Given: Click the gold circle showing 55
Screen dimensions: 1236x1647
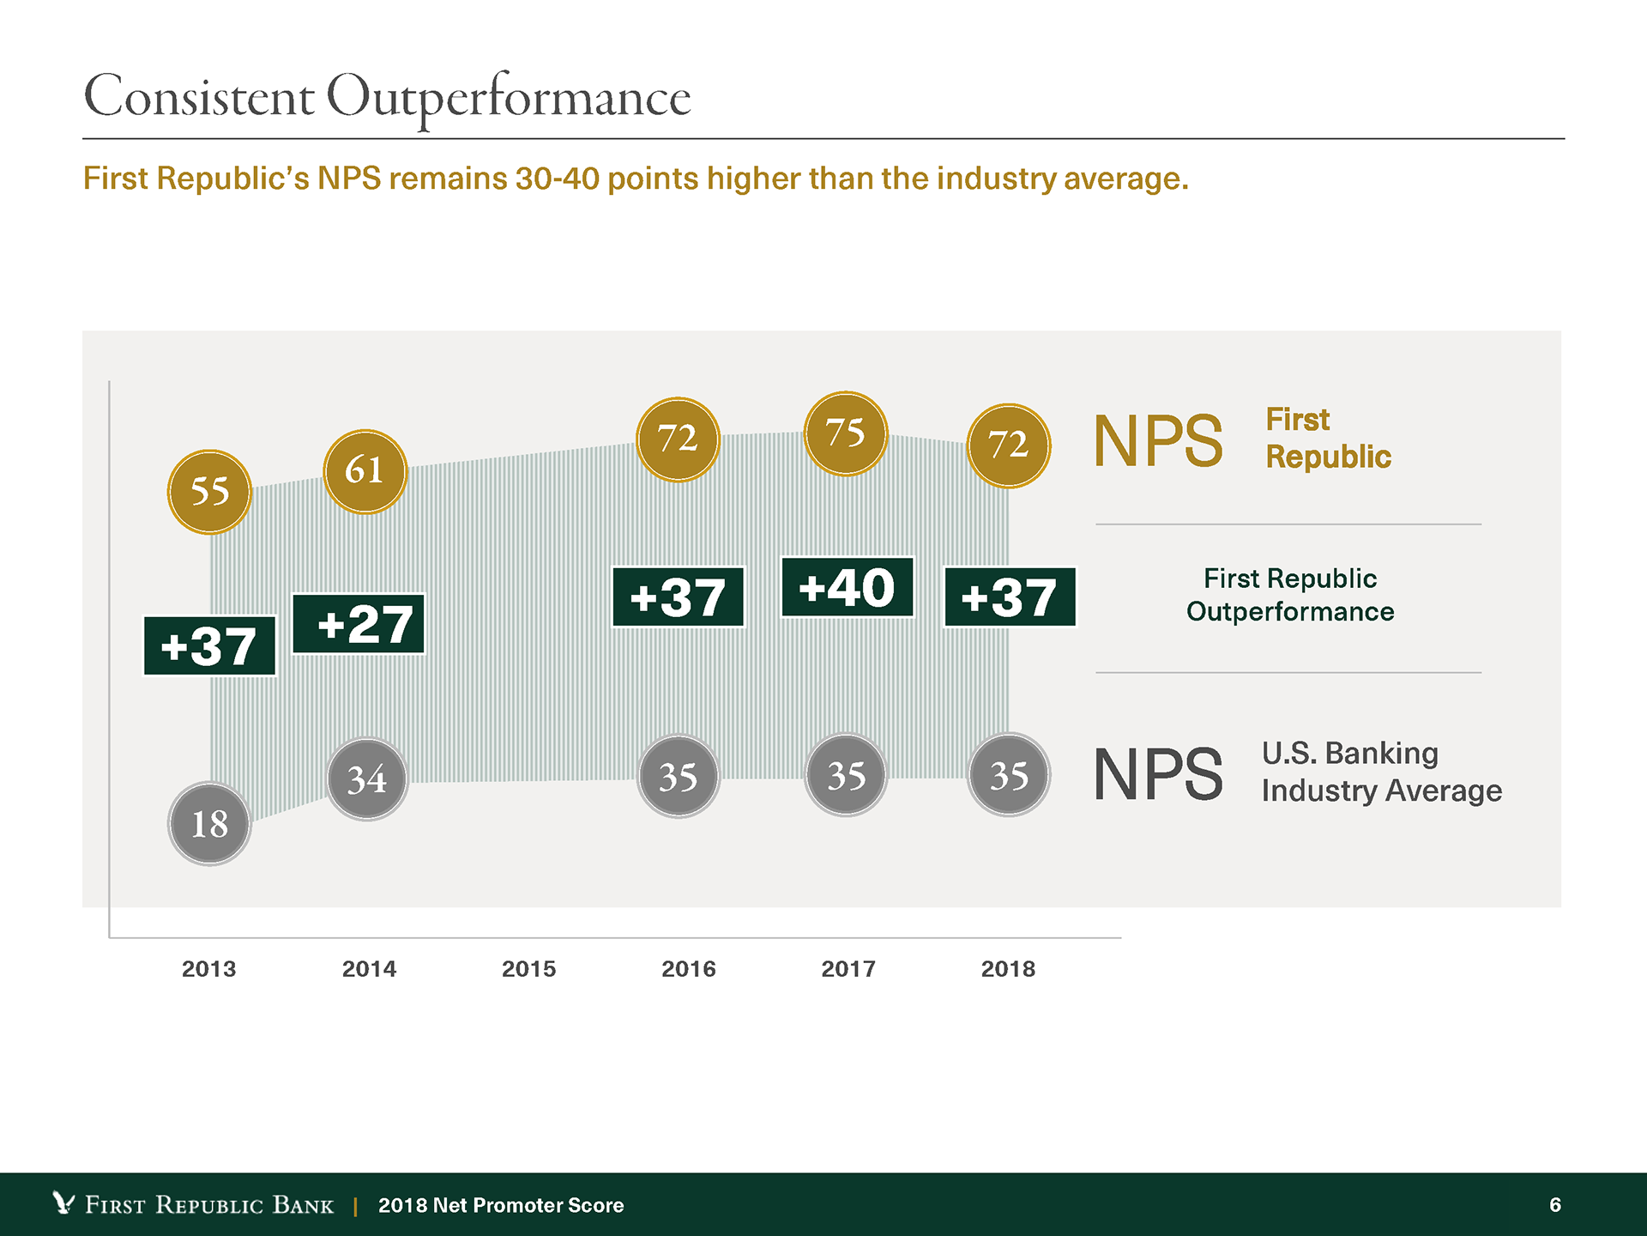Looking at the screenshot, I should (209, 492).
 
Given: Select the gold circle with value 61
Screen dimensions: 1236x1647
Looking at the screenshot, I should (365, 471).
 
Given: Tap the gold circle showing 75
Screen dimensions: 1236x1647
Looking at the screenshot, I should (846, 433).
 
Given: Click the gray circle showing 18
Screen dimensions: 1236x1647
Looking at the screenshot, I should (209, 824).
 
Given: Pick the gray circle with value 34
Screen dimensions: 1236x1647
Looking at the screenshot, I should (367, 779).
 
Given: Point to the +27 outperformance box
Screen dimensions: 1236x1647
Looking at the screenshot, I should (359, 624).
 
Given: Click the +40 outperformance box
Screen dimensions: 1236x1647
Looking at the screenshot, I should (848, 588).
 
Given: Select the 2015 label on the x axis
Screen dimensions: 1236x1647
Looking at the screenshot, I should (528, 969).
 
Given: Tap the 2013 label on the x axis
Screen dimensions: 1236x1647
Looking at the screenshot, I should (208, 969).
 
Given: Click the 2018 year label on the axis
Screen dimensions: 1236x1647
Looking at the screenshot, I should (1008, 969).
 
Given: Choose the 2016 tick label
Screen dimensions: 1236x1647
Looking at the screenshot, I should (688, 969).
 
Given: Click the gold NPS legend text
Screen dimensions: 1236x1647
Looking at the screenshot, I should (1158, 441).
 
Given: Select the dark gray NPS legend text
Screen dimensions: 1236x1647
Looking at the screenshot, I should (1158, 774).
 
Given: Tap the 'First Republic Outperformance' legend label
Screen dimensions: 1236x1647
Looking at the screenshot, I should (1290, 595).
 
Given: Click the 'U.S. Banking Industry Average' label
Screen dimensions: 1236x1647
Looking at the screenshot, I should (1381, 772).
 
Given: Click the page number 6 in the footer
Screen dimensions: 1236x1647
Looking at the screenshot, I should (1555, 1205).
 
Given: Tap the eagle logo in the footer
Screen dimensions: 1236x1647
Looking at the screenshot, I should (63, 1203).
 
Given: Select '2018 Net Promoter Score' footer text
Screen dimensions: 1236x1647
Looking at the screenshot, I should (501, 1205).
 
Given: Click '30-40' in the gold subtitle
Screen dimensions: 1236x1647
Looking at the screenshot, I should (557, 179).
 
